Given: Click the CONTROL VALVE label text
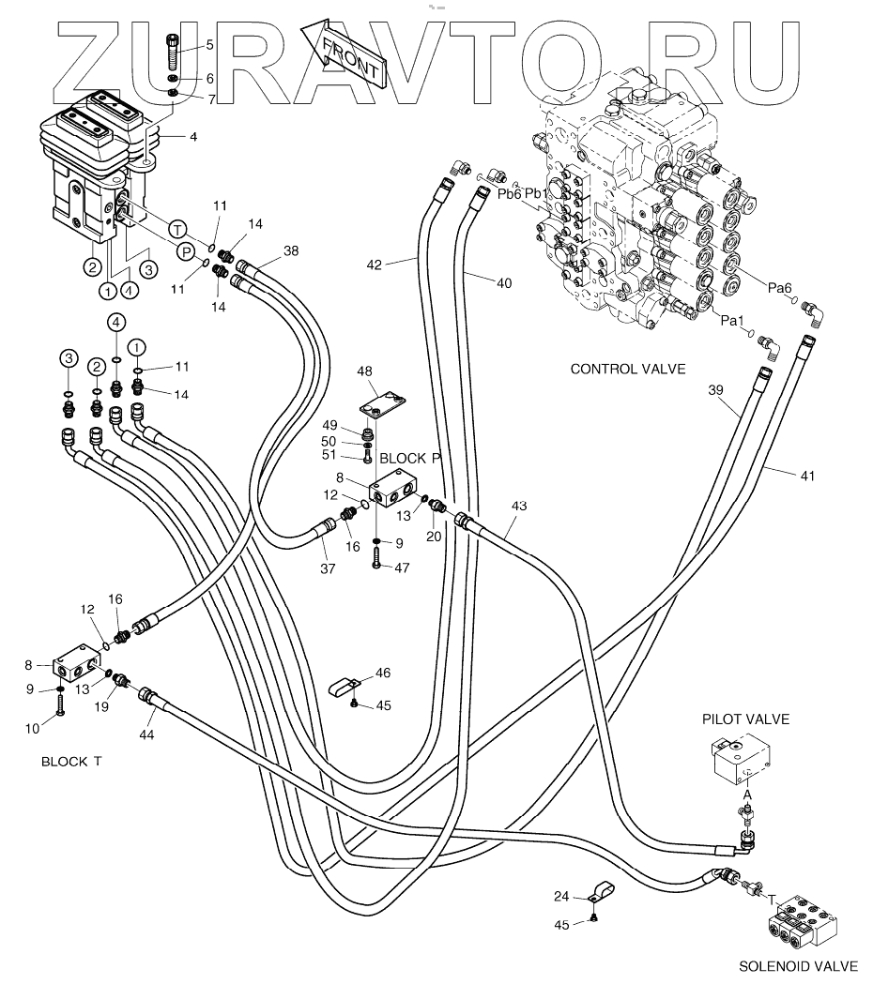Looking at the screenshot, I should [628, 369].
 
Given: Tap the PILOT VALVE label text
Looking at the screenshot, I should [745, 719].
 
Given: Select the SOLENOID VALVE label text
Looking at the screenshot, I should [798, 965].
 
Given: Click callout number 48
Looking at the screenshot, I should [364, 371].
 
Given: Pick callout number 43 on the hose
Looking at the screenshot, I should [519, 507].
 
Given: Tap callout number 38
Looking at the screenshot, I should [291, 251].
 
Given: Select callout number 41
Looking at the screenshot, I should [807, 476].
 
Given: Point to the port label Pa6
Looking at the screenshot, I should [780, 289].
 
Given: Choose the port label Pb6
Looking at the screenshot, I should [509, 193].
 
